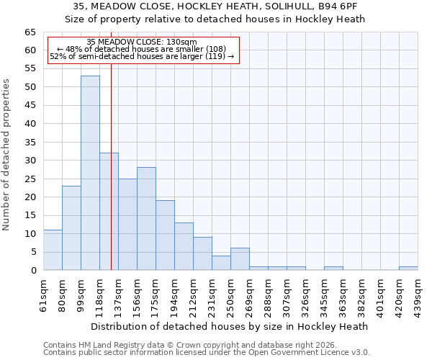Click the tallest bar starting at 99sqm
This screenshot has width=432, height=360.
(x=90, y=173)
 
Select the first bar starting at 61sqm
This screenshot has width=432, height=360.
(x=53, y=250)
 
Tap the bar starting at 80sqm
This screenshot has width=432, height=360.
(x=71, y=228)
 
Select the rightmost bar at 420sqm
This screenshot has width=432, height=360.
(x=408, y=269)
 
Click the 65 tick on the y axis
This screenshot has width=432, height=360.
(x=30, y=32)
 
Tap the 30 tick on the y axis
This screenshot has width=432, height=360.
(x=30, y=161)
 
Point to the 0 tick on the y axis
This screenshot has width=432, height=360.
(x=32, y=271)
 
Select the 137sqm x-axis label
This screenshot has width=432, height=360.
(x=119, y=293)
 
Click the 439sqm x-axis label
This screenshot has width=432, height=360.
(x=418, y=293)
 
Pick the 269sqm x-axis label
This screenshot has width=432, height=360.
(x=250, y=293)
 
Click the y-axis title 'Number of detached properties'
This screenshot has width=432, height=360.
(x=6, y=155)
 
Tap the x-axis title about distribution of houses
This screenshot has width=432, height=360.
(x=230, y=326)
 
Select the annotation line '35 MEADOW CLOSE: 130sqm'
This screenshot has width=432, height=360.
(x=141, y=42)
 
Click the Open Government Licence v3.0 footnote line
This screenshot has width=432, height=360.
(x=206, y=353)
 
